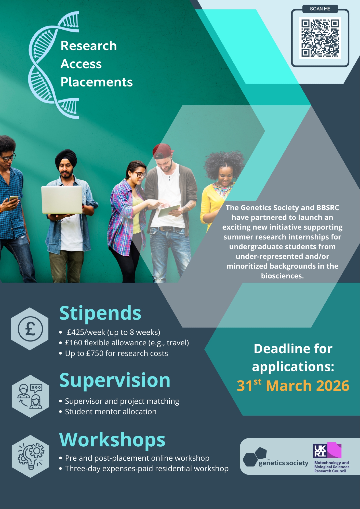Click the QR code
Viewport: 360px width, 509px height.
click(x=320, y=38)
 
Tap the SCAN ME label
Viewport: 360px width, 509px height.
click(x=320, y=9)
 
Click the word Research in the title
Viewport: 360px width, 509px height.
click(x=89, y=46)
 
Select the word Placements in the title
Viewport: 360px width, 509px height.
click(x=97, y=82)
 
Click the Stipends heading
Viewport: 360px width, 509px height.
click(x=100, y=313)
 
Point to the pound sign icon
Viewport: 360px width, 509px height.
click(x=30, y=329)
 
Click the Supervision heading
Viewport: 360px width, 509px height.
click(x=115, y=380)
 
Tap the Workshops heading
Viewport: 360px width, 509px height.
click(x=112, y=440)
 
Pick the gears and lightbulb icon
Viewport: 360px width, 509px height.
click(x=31, y=456)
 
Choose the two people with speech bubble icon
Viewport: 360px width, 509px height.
click(x=30, y=396)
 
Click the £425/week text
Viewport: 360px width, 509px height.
click(x=86, y=332)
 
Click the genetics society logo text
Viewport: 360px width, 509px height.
click(x=283, y=463)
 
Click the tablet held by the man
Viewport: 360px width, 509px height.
click(x=169, y=211)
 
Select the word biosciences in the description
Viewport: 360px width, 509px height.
click(x=282, y=276)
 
